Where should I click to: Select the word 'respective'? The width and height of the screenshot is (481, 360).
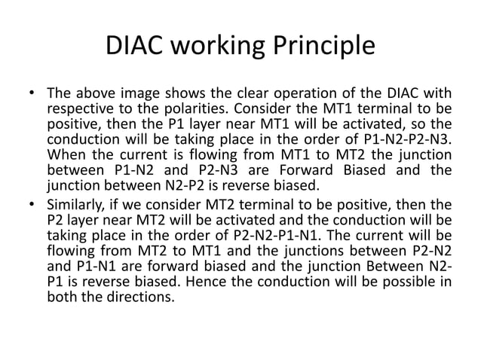click(78, 109)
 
